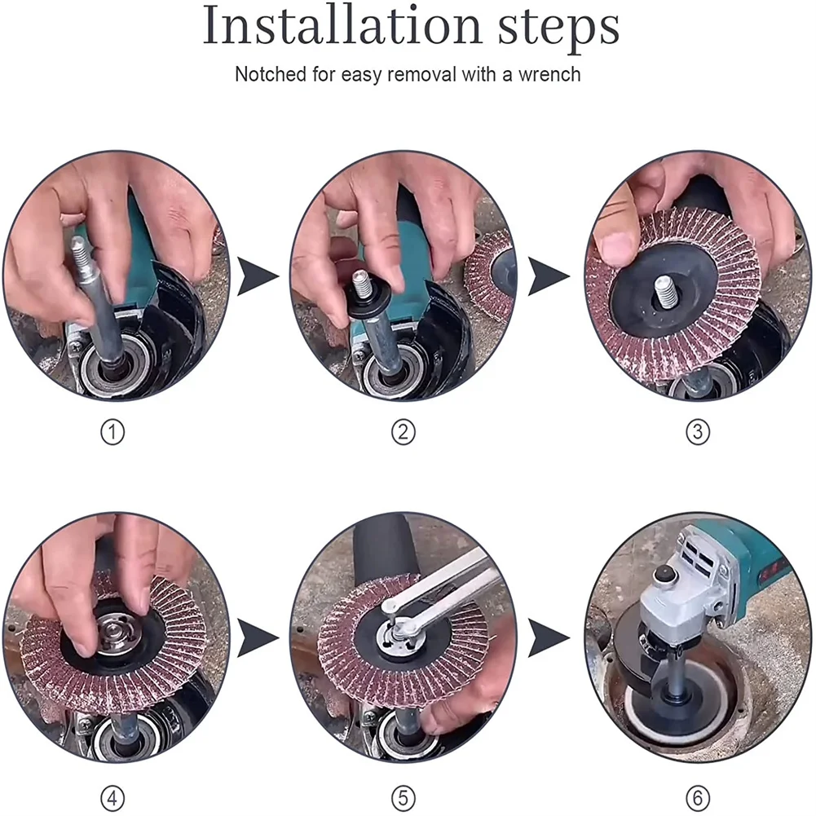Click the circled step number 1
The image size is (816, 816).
[x=112, y=433]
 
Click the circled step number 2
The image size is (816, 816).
[x=404, y=433]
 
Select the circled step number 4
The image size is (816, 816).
[x=112, y=795]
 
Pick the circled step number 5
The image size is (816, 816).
[x=404, y=795]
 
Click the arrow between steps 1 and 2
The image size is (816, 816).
[x=256, y=276]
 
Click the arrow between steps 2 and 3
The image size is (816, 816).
[x=547, y=276]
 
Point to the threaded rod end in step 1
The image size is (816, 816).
[x=80, y=249]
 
